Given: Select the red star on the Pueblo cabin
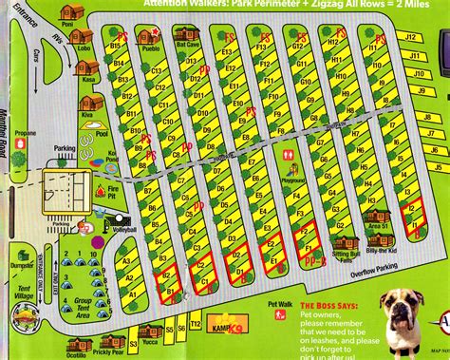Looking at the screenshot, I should click(150, 35).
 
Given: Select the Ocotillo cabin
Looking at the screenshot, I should click(76, 338).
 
